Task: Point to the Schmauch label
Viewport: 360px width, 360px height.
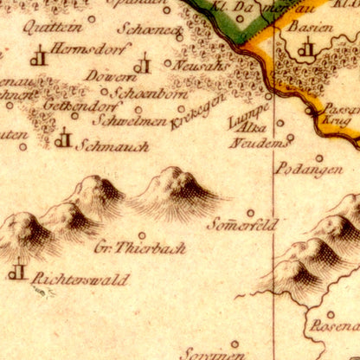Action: pyautogui.click(x=112, y=147)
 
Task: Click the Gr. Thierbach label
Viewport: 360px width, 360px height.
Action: pyautogui.click(x=139, y=247)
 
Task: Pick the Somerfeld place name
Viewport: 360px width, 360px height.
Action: pyautogui.click(x=242, y=225)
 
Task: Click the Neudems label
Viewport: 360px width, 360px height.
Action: pyautogui.click(x=256, y=142)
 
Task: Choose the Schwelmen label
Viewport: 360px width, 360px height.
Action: pyautogui.click(x=129, y=121)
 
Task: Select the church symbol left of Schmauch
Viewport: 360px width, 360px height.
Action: pyautogui.click(x=62, y=138)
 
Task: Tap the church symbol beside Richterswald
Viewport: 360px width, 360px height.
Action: pyautogui.click(x=16, y=271)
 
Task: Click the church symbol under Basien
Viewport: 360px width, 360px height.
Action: pyautogui.click(x=305, y=49)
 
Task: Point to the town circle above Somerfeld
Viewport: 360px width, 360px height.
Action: pyautogui.click(x=251, y=212)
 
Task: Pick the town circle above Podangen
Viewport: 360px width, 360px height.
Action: pyautogui.click(x=318, y=158)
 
